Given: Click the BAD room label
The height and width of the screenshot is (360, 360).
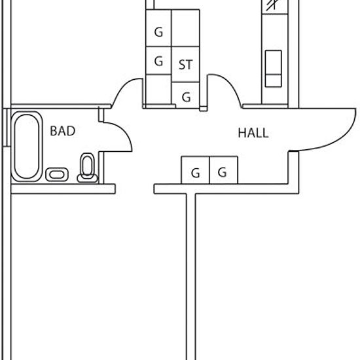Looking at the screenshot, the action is (x=63, y=131).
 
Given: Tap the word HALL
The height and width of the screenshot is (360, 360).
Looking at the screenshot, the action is (x=253, y=133).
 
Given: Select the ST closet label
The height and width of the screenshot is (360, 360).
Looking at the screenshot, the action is (x=185, y=65).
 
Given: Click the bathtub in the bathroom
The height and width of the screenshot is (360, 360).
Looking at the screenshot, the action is (x=27, y=146).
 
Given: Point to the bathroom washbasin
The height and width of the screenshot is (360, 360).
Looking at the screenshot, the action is (x=57, y=175).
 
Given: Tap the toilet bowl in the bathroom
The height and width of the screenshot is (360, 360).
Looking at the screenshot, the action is (x=87, y=164).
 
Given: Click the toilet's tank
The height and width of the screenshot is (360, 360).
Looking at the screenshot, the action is (x=87, y=179).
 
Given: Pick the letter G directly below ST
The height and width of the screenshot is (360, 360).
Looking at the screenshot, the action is (x=186, y=97).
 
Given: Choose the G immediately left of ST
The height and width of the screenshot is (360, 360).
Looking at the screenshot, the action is (x=158, y=61).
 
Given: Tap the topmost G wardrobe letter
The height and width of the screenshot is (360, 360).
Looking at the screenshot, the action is (x=158, y=32).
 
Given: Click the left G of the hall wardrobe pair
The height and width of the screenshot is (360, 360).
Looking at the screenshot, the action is (x=196, y=173).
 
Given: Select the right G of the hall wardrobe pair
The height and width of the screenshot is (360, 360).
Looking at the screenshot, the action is (x=223, y=172).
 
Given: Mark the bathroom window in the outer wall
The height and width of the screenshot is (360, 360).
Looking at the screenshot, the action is (x=7, y=127).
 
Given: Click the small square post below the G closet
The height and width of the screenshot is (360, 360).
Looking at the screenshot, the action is (x=203, y=109).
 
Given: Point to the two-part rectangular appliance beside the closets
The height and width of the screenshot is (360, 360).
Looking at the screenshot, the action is (x=274, y=69).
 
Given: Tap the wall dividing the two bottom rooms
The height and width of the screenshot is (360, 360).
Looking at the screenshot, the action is (x=190, y=277).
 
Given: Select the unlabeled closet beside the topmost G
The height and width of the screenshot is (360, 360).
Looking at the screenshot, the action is (x=185, y=27).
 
